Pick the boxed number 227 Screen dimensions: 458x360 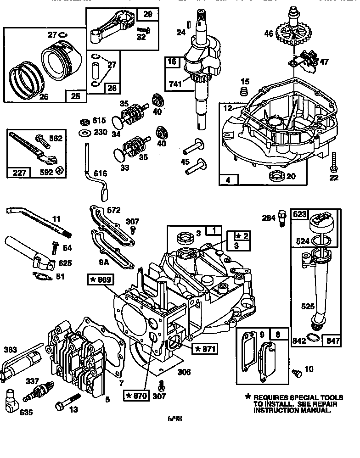(19, 173)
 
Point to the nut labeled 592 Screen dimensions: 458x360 (59, 170)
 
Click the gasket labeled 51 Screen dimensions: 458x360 (41, 276)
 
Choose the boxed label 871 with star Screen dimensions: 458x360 (205, 349)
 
